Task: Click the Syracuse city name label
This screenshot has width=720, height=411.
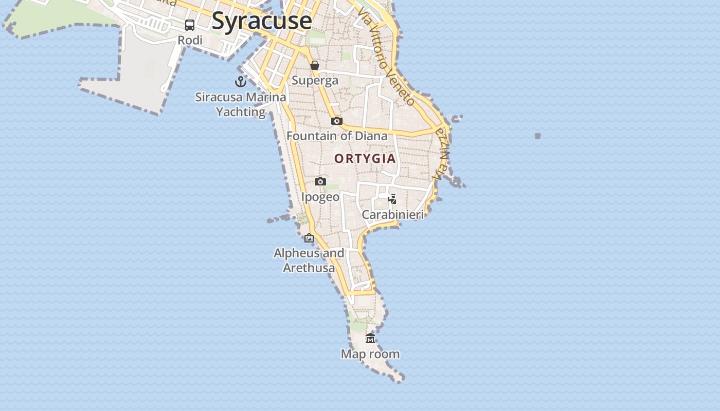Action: (x=261, y=21)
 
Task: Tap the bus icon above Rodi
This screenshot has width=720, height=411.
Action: (x=190, y=25)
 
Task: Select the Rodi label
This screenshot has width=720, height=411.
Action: (x=190, y=40)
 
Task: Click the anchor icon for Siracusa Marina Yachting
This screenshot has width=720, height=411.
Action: (x=240, y=81)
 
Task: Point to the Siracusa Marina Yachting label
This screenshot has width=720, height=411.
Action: (x=241, y=104)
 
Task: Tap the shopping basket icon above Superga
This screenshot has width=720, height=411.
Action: (x=314, y=65)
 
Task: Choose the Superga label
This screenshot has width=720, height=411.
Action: (x=315, y=80)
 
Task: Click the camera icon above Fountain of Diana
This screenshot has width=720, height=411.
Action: (x=337, y=121)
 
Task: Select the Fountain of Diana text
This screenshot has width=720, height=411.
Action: (x=337, y=136)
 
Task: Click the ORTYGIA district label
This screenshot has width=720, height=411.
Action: (x=365, y=158)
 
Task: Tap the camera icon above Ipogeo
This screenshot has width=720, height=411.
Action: (x=320, y=182)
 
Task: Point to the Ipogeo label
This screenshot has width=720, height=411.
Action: (x=320, y=197)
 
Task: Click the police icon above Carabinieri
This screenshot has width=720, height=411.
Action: (x=392, y=199)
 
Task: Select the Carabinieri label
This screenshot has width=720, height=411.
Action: (x=393, y=214)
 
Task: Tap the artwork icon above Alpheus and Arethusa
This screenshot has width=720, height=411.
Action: (x=309, y=238)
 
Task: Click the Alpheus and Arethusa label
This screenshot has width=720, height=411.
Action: (x=309, y=260)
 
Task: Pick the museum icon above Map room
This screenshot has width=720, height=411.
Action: (x=370, y=339)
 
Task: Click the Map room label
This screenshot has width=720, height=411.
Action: (x=370, y=354)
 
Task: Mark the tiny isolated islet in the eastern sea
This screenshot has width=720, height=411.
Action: (x=537, y=136)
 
